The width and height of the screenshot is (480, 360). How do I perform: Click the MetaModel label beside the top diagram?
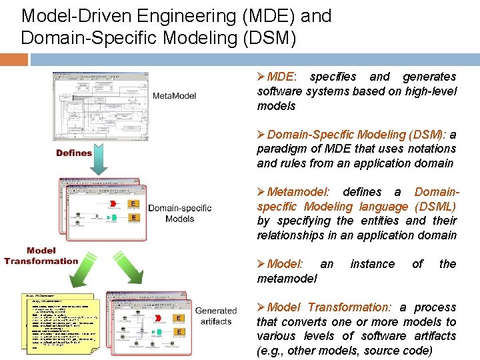[175, 96]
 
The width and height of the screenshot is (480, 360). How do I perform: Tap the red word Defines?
[74, 153]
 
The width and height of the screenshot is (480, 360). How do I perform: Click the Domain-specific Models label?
[180, 213]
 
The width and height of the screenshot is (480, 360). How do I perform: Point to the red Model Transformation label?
[41, 256]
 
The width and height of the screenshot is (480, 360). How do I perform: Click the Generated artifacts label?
[215, 316]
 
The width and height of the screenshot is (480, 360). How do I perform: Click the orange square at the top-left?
[13, 59]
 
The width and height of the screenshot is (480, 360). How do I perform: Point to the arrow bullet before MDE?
[261, 77]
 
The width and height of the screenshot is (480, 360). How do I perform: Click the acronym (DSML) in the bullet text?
[435, 207]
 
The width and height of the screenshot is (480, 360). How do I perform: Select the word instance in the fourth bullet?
[372, 264]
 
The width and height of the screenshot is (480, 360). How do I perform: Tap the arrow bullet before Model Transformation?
[261, 307]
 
